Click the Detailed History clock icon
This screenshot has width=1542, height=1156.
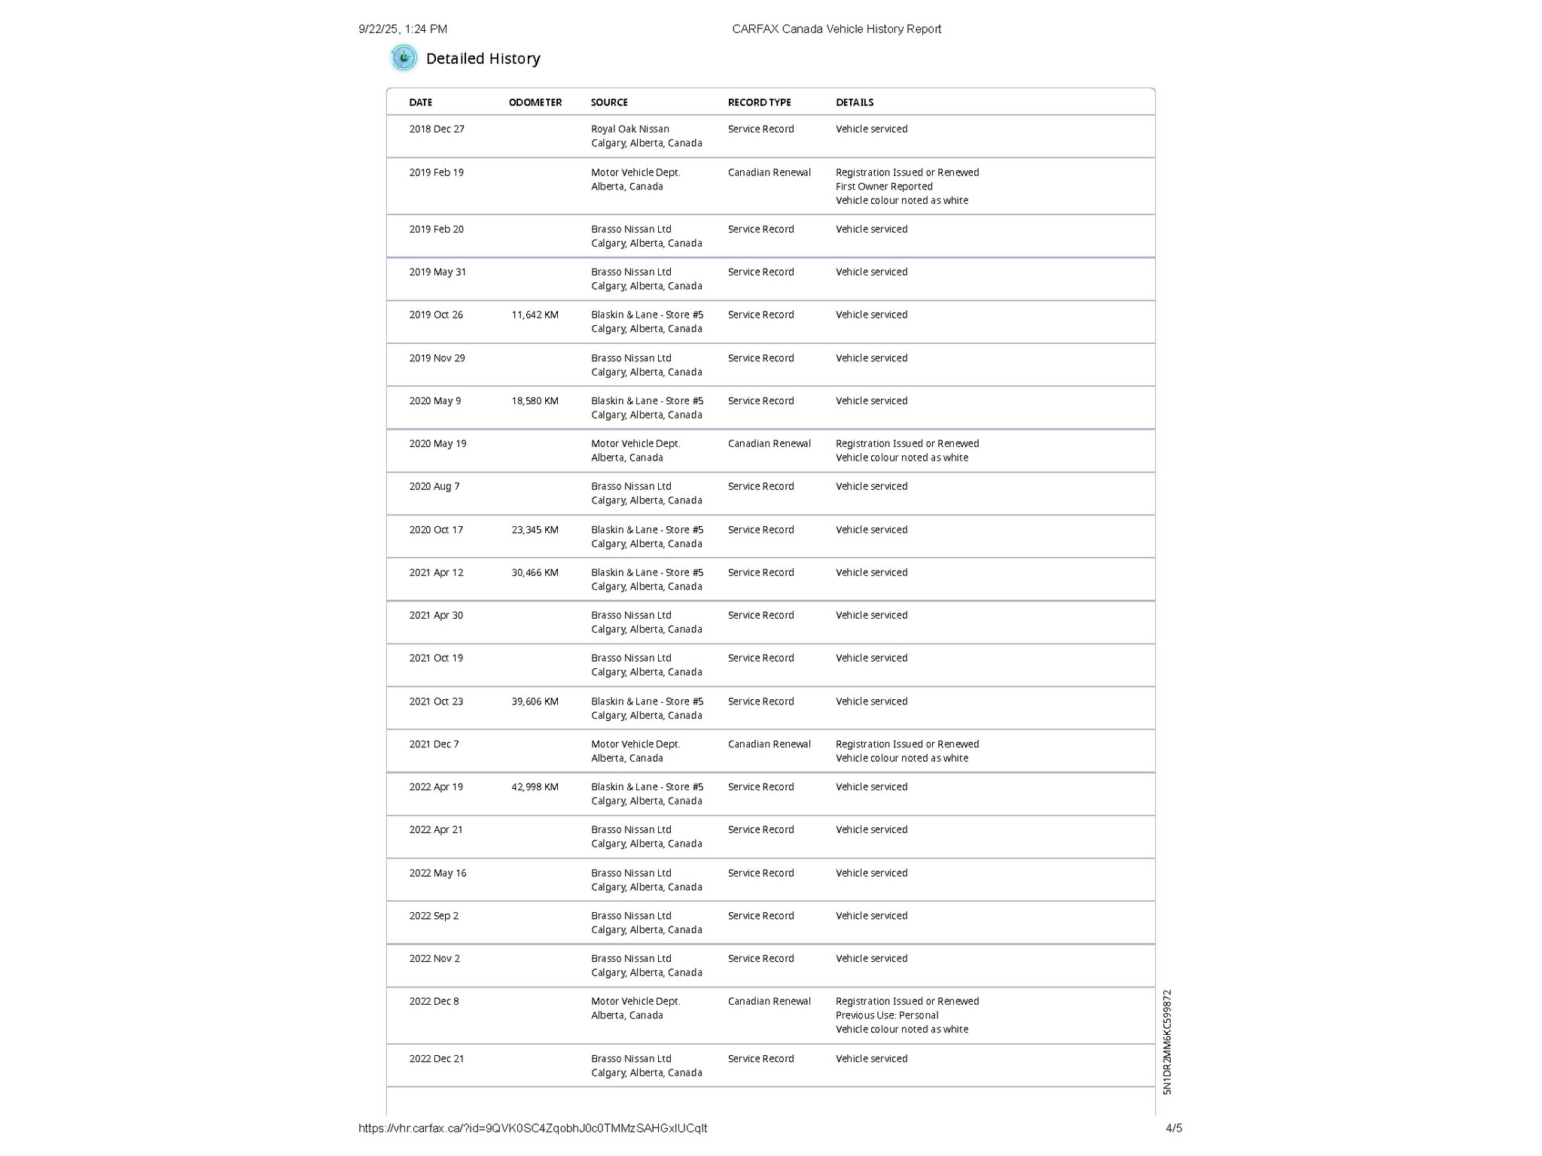404,58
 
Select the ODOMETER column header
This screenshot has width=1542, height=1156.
535,102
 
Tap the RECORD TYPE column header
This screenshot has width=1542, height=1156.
759,102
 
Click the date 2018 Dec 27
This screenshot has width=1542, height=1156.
437,129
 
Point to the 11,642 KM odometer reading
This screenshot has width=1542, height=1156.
535,315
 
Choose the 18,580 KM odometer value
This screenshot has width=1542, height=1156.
535,401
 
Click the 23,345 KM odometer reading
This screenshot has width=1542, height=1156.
535,530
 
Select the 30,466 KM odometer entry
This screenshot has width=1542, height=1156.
535,573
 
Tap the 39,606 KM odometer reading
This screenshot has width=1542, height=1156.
535,701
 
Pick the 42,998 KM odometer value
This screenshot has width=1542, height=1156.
535,787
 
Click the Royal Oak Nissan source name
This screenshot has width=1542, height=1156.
629,129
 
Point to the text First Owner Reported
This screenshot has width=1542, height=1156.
884,187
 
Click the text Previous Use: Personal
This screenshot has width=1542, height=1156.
887,1015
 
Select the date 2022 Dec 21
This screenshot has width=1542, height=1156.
437,1059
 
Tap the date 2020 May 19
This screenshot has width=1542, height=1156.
437,444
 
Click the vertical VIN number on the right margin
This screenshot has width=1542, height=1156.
1167,1042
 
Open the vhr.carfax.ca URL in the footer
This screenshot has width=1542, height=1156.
532,1128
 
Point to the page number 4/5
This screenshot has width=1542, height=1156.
1174,1128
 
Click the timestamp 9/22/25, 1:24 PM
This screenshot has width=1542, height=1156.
403,29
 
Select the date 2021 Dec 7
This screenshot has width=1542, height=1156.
434,744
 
